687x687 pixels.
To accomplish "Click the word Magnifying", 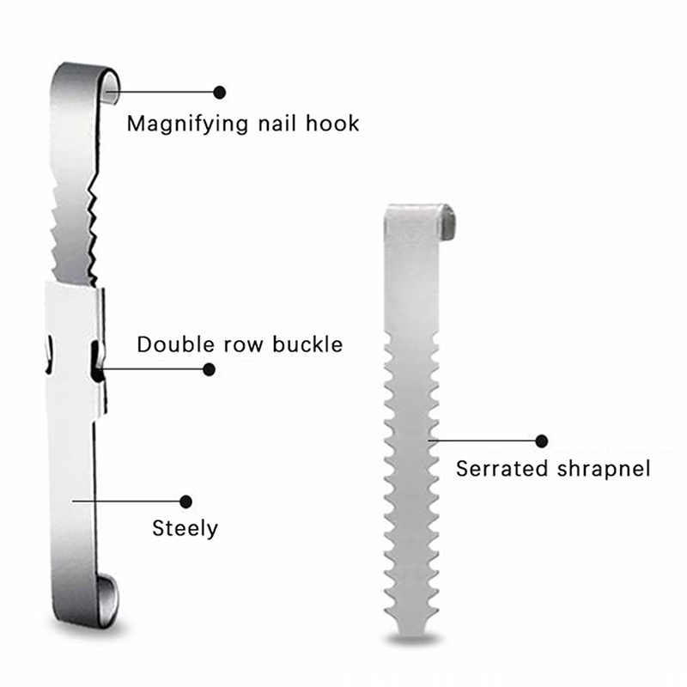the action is pos(188,125).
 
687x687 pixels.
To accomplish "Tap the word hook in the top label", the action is pos(332,124).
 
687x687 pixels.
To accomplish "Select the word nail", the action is pos(277,124).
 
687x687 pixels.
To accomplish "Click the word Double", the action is pos(176,344).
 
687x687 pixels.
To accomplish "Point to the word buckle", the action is pos(307,344).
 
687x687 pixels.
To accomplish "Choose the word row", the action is pos(244,346).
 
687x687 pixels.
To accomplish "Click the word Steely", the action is pos(185,529).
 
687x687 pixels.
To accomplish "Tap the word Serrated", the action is pos(502,469).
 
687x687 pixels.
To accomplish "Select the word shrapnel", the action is pos(604,470).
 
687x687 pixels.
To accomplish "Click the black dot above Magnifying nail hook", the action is pos(220,93).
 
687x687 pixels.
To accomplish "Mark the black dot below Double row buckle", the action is pos(209,369).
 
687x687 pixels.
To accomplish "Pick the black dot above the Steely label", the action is pos(185,502).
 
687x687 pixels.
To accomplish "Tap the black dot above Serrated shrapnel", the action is pos(542,441).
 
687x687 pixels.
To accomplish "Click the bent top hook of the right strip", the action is pos(447,222).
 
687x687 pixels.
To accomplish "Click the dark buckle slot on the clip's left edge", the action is pos(49,355).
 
